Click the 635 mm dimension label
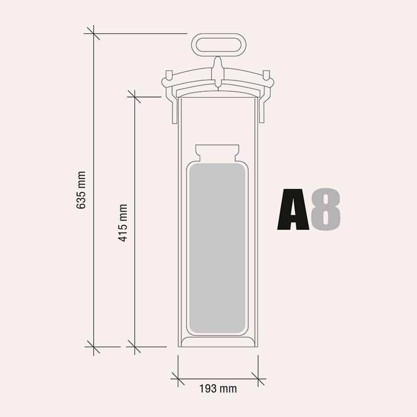(81, 190)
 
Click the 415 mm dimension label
(122, 223)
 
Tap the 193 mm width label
(218, 389)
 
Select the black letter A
(293, 210)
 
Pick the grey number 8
(326, 210)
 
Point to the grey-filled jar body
(217, 248)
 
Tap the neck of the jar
(217, 153)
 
